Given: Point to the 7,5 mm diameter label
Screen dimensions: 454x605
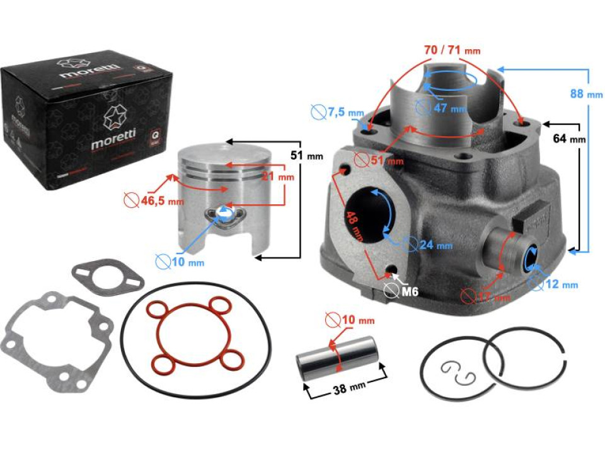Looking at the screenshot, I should (345, 113).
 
